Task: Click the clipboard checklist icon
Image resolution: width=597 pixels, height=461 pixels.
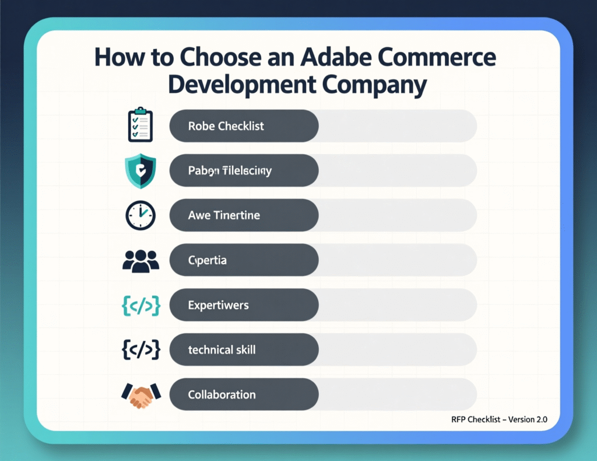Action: click(140, 124)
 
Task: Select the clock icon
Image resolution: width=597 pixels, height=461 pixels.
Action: click(140, 215)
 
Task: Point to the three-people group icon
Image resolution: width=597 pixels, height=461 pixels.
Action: click(141, 260)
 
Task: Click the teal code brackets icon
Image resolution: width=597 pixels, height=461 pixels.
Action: click(141, 305)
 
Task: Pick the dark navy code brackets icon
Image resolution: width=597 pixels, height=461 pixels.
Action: click(141, 350)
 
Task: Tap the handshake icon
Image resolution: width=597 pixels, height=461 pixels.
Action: click(140, 395)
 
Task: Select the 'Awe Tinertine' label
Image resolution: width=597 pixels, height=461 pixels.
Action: click(224, 215)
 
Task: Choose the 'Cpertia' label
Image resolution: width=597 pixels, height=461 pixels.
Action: click(208, 260)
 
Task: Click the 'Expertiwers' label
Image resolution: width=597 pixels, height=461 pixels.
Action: click(219, 305)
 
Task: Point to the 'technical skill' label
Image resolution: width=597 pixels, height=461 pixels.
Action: click(222, 350)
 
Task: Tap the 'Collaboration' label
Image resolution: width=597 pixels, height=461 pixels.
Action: click(222, 395)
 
